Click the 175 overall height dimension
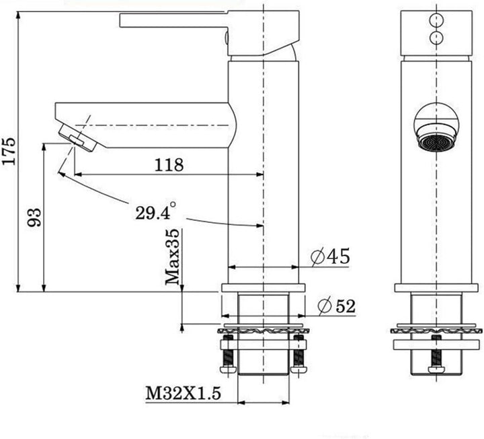click(9, 151)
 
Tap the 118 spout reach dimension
click(169, 165)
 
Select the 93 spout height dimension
click(34, 217)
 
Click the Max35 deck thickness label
click(172, 257)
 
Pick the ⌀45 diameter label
click(330, 257)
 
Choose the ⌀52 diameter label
click(337, 306)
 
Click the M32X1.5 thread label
click(184, 394)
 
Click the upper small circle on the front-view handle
click(436, 20)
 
